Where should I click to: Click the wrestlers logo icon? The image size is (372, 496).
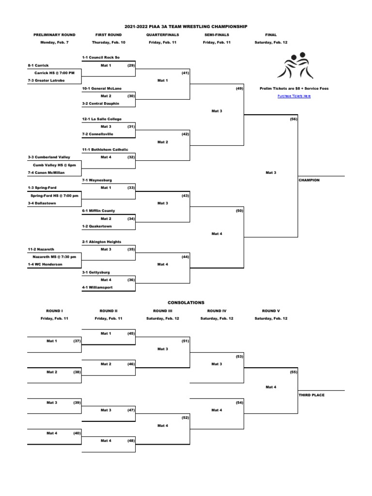click(295, 66)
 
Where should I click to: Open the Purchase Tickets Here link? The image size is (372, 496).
click(294, 96)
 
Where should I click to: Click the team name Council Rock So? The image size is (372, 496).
click(103, 57)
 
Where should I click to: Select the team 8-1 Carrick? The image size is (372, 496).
click(38, 65)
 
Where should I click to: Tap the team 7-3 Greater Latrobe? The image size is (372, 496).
click(45, 80)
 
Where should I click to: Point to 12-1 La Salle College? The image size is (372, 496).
click(102, 119)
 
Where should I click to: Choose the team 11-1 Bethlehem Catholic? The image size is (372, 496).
click(105, 150)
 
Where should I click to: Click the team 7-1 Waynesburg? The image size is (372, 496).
click(97, 180)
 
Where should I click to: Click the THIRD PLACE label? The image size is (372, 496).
click(311, 395)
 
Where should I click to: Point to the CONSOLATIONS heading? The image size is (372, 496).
click(186, 303)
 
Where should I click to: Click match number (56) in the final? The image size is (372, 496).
click(294, 119)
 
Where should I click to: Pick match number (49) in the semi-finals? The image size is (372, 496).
click(239, 88)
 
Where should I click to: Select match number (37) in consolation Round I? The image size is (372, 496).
click(77, 341)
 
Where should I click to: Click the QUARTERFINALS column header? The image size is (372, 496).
click(163, 35)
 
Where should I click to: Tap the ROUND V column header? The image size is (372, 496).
click(271, 311)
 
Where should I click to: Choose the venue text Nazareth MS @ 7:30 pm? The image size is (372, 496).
click(54, 257)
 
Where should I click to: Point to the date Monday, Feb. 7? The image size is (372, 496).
click(54, 43)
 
